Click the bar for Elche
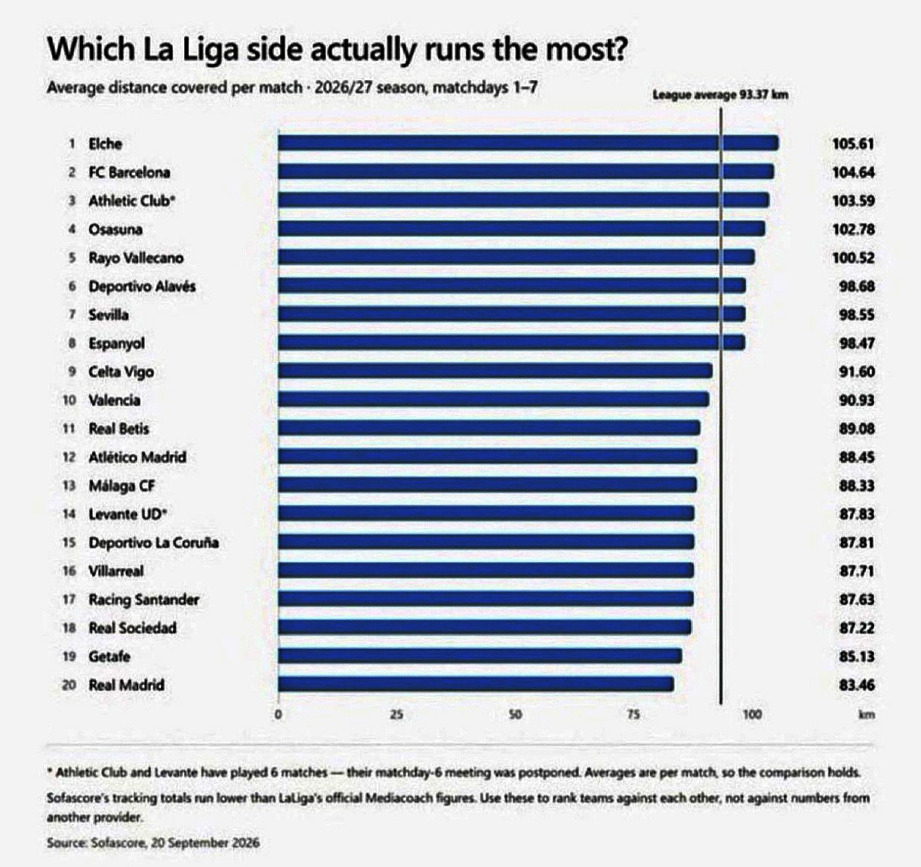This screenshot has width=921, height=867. click(x=528, y=143)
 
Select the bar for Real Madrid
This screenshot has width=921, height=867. click(x=476, y=684)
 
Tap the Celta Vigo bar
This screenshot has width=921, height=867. click(x=495, y=372)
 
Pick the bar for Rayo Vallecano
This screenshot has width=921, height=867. click(x=516, y=257)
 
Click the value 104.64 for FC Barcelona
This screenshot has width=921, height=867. click(x=853, y=172)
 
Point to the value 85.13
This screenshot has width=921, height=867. click(x=857, y=656)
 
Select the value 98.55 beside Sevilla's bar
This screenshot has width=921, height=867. click(x=857, y=315)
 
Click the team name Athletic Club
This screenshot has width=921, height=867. click(x=131, y=201)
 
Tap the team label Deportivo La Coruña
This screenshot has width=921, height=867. click(x=153, y=542)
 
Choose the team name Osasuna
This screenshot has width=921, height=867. click(x=116, y=230)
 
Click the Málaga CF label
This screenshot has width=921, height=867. click(x=122, y=486)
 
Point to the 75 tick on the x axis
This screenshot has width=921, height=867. click(x=633, y=714)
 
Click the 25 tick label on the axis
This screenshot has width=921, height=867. click(x=396, y=714)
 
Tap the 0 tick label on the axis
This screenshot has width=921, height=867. click(x=279, y=714)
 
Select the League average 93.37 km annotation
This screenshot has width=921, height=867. click(x=720, y=95)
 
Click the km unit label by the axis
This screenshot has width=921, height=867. click(x=867, y=714)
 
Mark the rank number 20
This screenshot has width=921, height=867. click(x=69, y=684)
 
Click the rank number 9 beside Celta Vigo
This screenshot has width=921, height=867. click(x=72, y=372)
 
